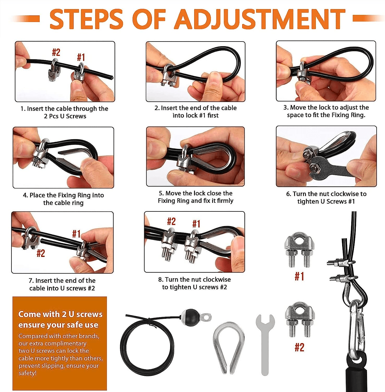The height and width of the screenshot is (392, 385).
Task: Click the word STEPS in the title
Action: [86, 19]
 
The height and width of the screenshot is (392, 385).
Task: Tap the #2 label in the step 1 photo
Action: [56, 52]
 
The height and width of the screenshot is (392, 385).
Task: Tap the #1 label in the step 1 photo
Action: [81, 57]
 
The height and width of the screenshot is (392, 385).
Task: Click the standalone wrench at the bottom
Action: [265, 342]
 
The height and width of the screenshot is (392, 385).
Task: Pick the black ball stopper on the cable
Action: [192, 317]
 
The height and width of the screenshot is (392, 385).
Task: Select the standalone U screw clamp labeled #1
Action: [299, 250]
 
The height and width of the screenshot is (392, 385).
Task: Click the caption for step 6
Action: [326, 198]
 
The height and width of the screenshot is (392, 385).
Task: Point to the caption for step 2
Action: [196, 112]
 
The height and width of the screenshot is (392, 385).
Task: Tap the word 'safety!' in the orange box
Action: [27, 373]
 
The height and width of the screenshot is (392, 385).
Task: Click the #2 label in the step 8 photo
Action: [171, 222]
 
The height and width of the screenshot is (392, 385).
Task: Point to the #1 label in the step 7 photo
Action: [76, 234]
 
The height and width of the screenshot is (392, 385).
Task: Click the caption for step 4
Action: [63, 199]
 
